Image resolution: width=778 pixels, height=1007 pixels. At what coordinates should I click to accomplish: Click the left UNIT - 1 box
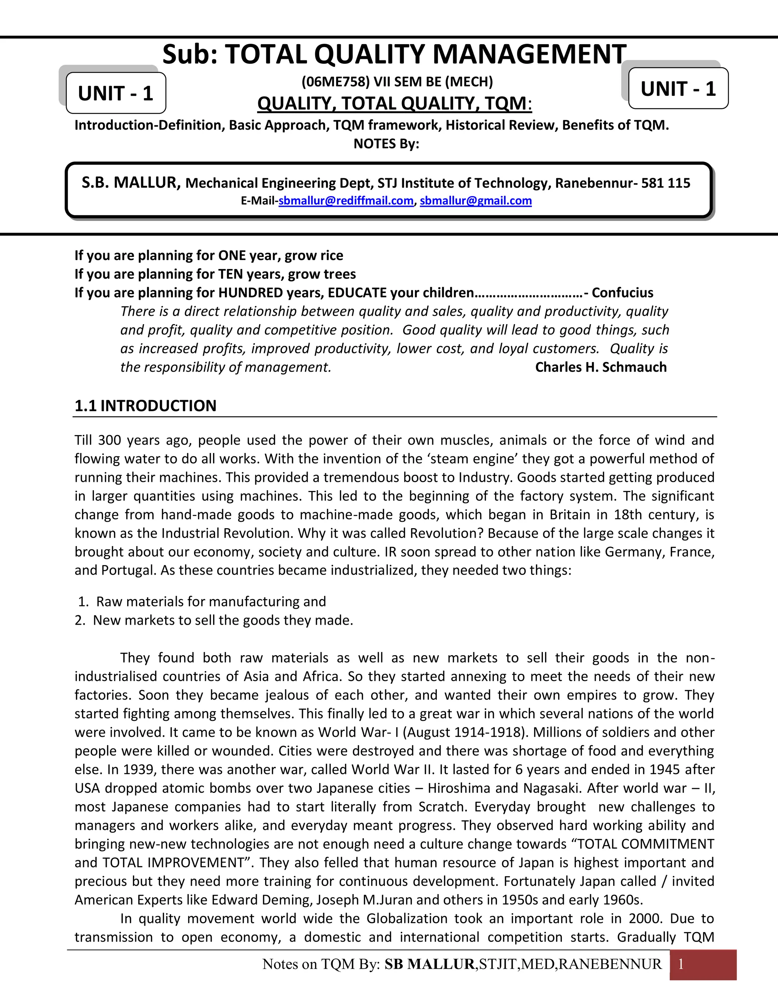coord(116,93)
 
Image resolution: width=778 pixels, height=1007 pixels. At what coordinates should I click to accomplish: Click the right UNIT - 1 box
coord(678,89)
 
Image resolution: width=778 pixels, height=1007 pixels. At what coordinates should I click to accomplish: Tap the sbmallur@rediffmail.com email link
coord(346,201)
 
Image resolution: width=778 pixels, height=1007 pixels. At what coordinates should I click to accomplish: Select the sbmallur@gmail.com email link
coord(476,201)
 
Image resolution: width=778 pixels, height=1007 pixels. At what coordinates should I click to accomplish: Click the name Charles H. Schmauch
coord(601,367)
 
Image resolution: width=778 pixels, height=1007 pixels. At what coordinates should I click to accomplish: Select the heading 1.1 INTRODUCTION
coord(145,406)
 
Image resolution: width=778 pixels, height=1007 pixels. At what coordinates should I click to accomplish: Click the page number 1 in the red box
coord(681,964)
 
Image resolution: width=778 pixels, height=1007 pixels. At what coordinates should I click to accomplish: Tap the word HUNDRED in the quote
coord(250,293)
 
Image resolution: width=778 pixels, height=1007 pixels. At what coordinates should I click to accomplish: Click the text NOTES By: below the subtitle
coord(386,144)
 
